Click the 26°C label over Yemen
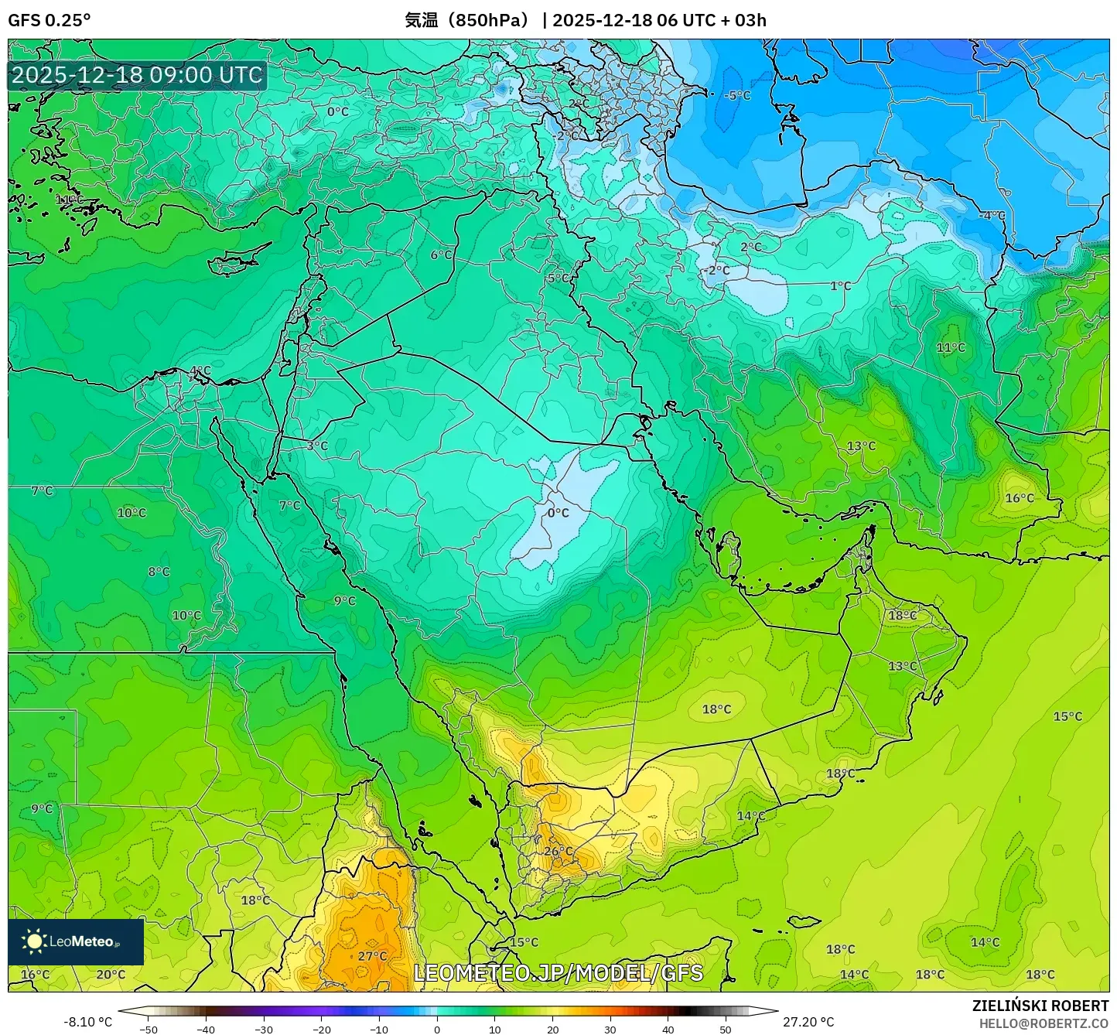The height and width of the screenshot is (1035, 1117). (558, 852)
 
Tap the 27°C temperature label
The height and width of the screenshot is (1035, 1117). (372, 956)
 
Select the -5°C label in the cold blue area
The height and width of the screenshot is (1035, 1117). (738, 95)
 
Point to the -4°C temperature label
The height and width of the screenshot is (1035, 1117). (992, 215)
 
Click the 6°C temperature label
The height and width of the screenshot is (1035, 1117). (441, 254)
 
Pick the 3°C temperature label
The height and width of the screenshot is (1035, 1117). (317, 446)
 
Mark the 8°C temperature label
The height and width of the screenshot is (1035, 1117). (159, 572)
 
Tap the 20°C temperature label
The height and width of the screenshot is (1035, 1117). (111, 975)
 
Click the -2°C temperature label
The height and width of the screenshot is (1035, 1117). (719, 270)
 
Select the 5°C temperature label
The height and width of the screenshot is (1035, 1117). (558, 278)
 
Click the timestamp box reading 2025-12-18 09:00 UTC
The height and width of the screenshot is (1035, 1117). (137, 75)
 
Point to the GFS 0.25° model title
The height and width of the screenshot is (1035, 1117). (49, 20)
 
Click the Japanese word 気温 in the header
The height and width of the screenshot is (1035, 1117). (422, 20)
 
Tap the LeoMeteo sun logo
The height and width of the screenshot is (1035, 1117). (34, 941)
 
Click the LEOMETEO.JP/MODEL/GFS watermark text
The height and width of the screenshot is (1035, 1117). (558, 972)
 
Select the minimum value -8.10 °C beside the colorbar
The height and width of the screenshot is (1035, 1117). (87, 1022)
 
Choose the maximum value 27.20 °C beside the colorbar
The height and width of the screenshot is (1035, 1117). (808, 1022)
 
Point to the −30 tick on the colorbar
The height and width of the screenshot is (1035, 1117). (264, 1029)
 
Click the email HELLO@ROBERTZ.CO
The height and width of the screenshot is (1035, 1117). (1044, 1023)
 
